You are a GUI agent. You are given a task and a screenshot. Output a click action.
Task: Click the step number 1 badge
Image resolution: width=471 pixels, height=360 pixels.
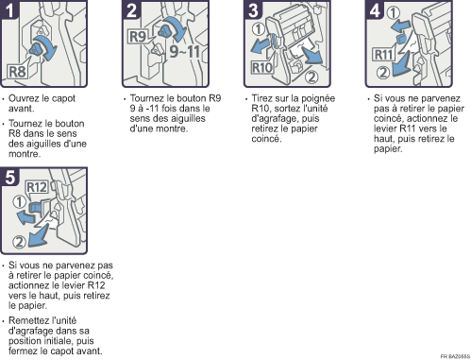(x=9, y=9)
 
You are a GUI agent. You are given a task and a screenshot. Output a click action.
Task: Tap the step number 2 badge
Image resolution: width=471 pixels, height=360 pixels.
(x=131, y=9)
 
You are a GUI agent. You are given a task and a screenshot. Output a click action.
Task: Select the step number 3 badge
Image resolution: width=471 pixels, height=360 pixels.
(x=253, y=9)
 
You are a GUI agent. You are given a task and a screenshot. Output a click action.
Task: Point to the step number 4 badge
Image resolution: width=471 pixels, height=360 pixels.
(x=375, y=9)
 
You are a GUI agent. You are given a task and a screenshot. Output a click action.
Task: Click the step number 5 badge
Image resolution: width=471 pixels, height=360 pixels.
(x=9, y=177)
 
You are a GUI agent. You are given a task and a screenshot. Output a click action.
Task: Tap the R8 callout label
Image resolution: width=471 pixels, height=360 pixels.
(x=18, y=72)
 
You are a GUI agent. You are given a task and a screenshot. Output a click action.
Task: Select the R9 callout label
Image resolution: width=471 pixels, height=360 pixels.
(x=138, y=37)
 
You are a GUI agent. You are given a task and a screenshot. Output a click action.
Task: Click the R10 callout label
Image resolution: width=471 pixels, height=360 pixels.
(x=261, y=68)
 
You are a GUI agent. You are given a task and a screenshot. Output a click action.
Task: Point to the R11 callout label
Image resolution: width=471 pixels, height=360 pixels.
(x=384, y=55)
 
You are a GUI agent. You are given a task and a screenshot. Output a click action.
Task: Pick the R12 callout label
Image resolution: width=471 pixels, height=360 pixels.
(x=37, y=187)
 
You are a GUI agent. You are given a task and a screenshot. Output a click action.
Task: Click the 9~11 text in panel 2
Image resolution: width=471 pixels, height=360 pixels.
(x=185, y=51)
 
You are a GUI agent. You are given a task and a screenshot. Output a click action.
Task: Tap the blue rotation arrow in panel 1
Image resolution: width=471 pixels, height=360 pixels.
(x=47, y=46)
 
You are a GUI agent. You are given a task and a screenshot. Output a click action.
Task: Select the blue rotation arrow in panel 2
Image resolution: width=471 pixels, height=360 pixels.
(x=176, y=27)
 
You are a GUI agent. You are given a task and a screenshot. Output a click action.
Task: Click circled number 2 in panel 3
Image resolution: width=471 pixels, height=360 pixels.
(x=311, y=77)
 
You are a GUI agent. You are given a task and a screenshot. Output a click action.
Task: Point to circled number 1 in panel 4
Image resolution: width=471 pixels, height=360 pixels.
(x=394, y=13)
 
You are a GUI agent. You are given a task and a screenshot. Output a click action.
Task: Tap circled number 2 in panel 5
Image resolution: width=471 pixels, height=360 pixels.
(x=19, y=242)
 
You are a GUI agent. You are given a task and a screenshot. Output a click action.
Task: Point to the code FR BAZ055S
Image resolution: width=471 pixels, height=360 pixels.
(x=455, y=356)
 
